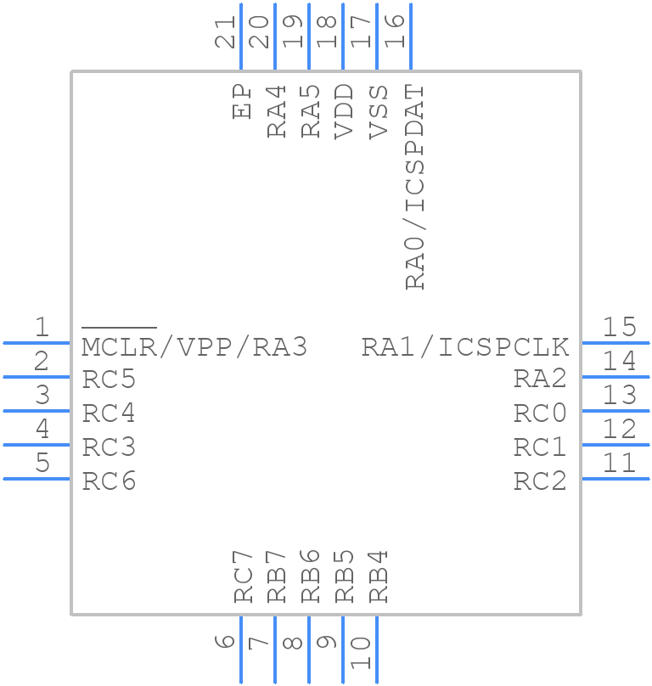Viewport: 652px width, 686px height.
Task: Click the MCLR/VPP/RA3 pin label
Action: click(x=194, y=346)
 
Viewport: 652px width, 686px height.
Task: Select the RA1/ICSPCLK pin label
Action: click(x=464, y=346)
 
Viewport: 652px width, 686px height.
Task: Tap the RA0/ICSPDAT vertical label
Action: click(x=414, y=188)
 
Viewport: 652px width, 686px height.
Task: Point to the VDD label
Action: click(x=344, y=110)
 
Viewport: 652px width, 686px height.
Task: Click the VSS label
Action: click(x=379, y=110)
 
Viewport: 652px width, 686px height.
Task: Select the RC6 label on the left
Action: click(x=109, y=481)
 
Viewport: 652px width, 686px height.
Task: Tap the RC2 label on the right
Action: click(x=540, y=481)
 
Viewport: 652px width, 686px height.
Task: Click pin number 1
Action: click(x=41, y=327)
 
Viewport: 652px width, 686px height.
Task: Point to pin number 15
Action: click(x=619, y=327)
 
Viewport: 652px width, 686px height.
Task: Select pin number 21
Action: click(x=225, y=33)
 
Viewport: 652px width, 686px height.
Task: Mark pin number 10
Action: click(x=361, y=654)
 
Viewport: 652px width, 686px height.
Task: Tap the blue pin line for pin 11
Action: click(x=615, y=479)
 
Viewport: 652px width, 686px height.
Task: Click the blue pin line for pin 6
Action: click(x=241, y=649)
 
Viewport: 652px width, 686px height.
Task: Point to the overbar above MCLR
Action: click(x=119, y=327)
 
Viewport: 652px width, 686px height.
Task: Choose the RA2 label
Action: click(x=540, y=380)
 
